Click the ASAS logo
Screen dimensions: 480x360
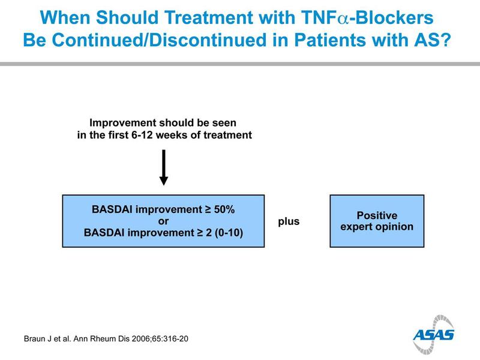pyautogui.click(x=433, y=334)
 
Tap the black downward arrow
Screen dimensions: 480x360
pyautogui.click(x=164, y=167)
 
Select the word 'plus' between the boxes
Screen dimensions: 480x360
pyautogui.click(x=289, y=221)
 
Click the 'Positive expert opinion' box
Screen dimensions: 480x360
pyautogui.click(x=377, y=221)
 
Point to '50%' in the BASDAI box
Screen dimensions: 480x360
pyautogui.click(x=224, y=209)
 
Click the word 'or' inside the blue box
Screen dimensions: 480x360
pyautogui.click(x=163, y=221)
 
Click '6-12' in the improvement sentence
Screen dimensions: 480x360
pyautogui.click(x=142, y=135)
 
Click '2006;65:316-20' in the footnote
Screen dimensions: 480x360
pyautogui.click(x=160, y=339)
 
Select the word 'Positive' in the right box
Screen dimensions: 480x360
pyautogui.click(x=377, y=215)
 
